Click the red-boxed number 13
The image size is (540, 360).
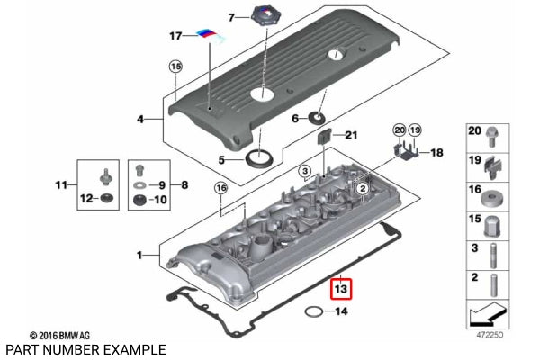click(x=341, y=289)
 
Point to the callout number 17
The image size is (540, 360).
click(x=176, y=36)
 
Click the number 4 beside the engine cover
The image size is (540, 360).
click(x=139, y=119)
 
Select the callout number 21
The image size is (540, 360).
click(x=351, y=135)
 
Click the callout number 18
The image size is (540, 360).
click(x=436, y=154)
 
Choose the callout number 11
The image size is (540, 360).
click(x=60, y=185)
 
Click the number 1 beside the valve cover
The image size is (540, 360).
click(x=139, y=256)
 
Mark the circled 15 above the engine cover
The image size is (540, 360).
click(x=175, y=67)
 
